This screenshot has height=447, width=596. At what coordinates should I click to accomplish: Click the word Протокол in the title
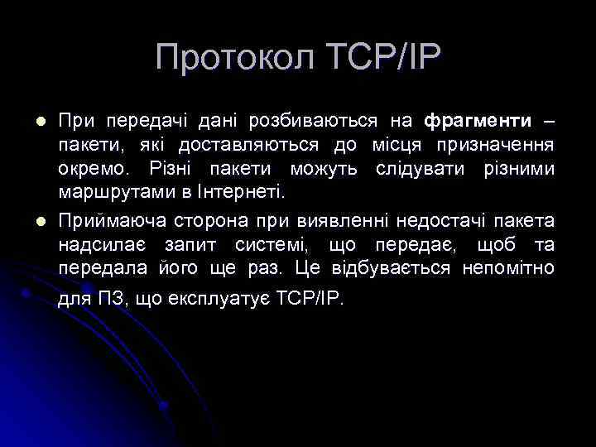(234, 58)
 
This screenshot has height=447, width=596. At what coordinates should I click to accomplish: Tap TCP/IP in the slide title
(383, 58)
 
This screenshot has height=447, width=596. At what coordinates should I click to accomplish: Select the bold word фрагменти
(478, 122)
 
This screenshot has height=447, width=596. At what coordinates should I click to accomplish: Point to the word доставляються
(260, 146)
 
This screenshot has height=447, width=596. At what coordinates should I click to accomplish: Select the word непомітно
(509, 269)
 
